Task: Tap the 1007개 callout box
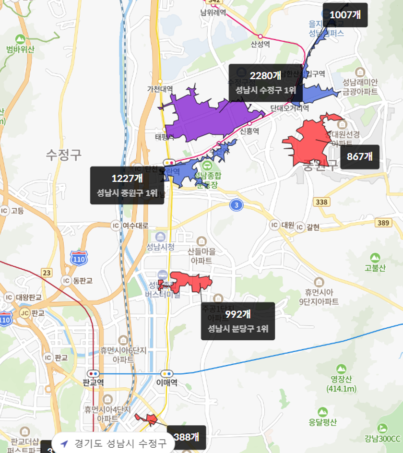345,15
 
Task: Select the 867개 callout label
359,156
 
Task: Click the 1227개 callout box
127,185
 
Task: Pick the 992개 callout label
238,321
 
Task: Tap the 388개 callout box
186,437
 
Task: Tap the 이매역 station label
167,383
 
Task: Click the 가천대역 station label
160,89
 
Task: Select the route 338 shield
322,202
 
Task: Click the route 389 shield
384,223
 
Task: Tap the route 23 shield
46,273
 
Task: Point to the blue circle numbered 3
235,205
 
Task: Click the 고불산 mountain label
375,268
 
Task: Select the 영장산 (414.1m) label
341,384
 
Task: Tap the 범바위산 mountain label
19,49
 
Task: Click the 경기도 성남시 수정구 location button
113,443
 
